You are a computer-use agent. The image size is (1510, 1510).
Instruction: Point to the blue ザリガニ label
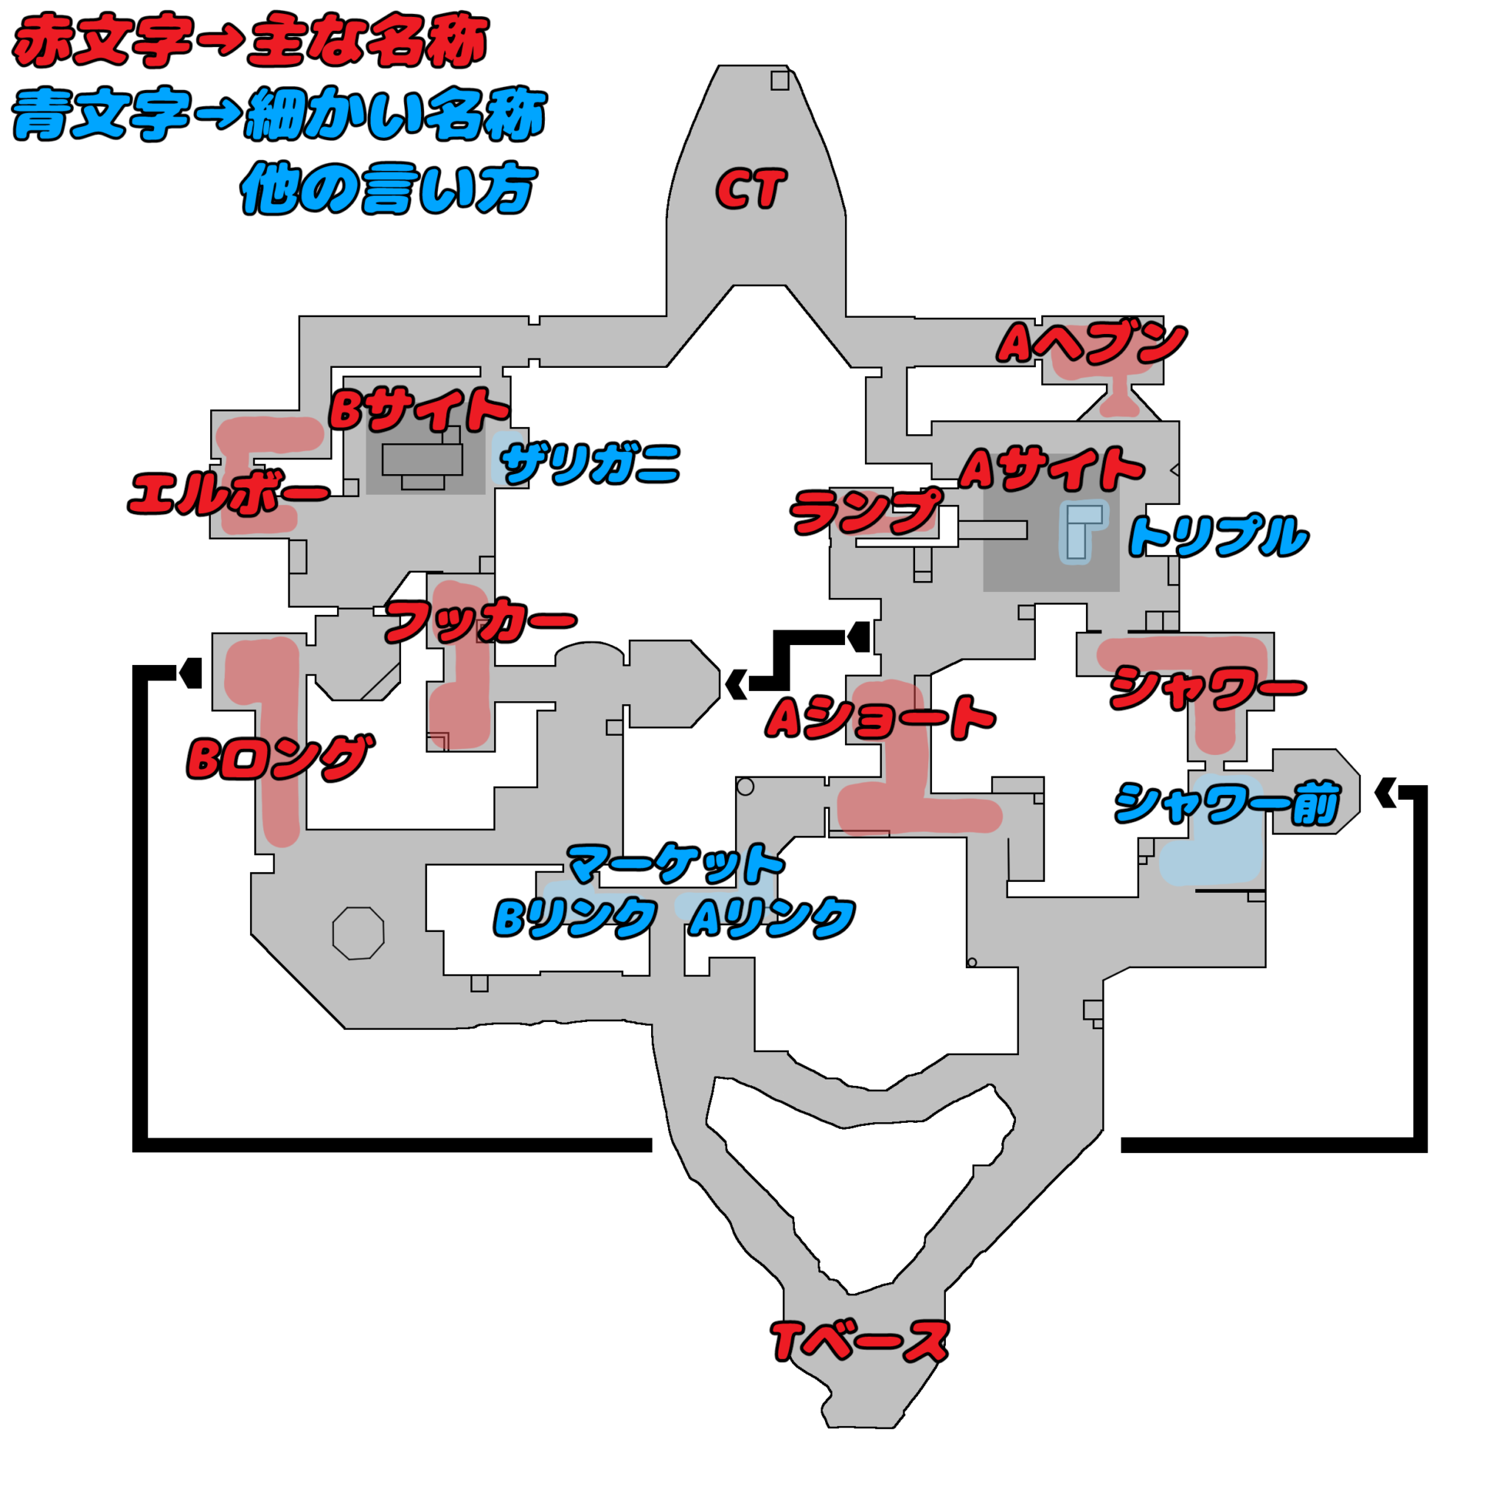590,464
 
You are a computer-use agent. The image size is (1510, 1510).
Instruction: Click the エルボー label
229,493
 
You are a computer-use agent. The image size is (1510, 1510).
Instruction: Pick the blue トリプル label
1218,536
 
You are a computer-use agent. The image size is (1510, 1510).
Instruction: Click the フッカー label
480,622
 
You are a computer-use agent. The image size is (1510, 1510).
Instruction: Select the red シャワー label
1208,688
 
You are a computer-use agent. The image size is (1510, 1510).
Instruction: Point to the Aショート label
880,717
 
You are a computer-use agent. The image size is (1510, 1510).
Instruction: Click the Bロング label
279,757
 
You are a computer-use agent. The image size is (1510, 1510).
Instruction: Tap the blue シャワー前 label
1227,804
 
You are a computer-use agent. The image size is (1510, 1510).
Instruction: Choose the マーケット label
676,863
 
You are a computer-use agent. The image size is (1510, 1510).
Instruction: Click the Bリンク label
574,916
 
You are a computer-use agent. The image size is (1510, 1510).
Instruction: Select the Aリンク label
771,916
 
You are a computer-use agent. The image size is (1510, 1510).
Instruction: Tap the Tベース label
860,1341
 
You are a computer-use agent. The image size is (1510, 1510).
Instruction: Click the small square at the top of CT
779,80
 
